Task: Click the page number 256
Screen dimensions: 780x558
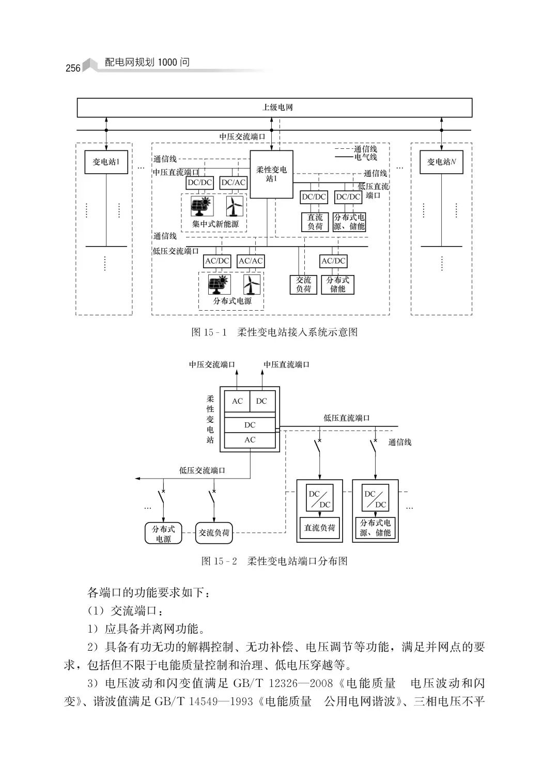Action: pyautogui.click(x=73, y=68)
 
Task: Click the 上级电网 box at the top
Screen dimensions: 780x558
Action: pyautogui.click(x=274, y=108)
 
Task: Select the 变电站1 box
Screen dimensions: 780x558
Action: pyautogui.click(x=106, y=162)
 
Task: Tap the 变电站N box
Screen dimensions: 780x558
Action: pyautogui.click(x=441, y=162)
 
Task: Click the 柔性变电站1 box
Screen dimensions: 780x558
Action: pyautogui.click(x=271, y=174)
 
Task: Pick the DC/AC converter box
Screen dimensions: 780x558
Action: pyautogui.click(x=234, y=182)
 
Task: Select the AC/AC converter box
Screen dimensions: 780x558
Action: pyautogui.click(x=251, y=261)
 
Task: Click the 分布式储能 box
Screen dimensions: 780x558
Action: pyautogui.click(x=337, y=284)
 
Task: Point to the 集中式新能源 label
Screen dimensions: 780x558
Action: pyautogui.click(x=216, y=224)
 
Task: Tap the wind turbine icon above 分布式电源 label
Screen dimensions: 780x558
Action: pyautogui.click(x=252, y=284)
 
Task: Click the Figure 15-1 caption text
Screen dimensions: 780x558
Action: pyautogui.click(x=274, y=332)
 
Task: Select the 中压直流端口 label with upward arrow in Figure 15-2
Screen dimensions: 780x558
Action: pyautogui.click(x=287, y=364)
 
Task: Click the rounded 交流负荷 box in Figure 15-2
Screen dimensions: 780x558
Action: pyautogui.click(x=214, y=533)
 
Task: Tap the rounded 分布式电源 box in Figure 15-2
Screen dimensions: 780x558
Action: pyautogui.click(x=163, y=533)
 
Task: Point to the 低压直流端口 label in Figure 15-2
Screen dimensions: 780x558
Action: pyautogui.click(x=347, y=418)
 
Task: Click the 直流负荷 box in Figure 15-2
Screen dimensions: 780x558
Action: pyautogui.click(x=319, y=528)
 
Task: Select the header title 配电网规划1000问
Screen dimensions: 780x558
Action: pyautogui.click(x=147, y=63)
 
